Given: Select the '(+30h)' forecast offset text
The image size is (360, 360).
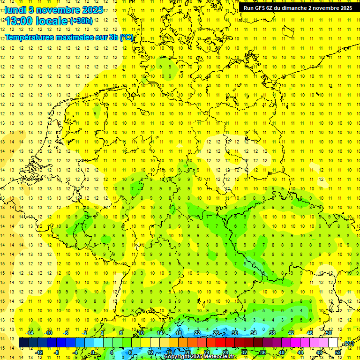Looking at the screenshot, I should pos(81,21).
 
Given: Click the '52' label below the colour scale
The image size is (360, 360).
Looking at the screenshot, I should pos(338,352).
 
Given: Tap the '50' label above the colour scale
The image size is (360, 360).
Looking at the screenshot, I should pos(329,333).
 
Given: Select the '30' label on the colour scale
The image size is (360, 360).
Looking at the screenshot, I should pos(234,333).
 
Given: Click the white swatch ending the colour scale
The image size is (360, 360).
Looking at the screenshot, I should pos(333,343).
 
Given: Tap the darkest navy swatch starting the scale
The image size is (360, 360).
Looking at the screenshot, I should pos(23,343).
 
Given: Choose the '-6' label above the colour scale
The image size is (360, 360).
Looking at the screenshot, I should pos(66,333).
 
